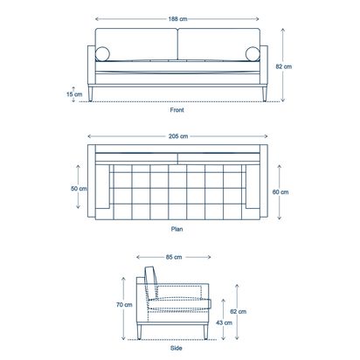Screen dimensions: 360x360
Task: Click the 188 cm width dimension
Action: point(177,19)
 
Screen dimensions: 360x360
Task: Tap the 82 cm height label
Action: point(284,66)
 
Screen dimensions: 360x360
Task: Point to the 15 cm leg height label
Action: point(74,94)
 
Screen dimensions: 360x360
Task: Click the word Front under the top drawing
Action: point(177,110)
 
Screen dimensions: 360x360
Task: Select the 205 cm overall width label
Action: point(178,136)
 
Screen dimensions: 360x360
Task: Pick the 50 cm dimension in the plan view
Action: point(79,189)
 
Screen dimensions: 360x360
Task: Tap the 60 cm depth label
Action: point(280,192)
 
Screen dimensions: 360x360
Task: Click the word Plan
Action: point(177,229)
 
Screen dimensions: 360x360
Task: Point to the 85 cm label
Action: point(174,257)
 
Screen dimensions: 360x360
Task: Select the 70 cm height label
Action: point(124,305)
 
